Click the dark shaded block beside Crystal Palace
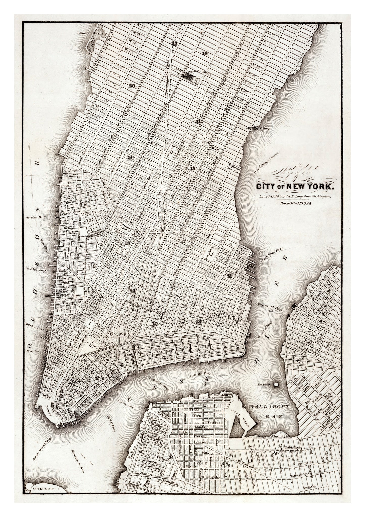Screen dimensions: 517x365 click(x=187, y=75)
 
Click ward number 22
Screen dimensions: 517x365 click(x=174, y=43)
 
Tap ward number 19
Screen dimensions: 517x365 click(x=205, y=53)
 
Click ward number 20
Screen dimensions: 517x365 click(x=132, y=86)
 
